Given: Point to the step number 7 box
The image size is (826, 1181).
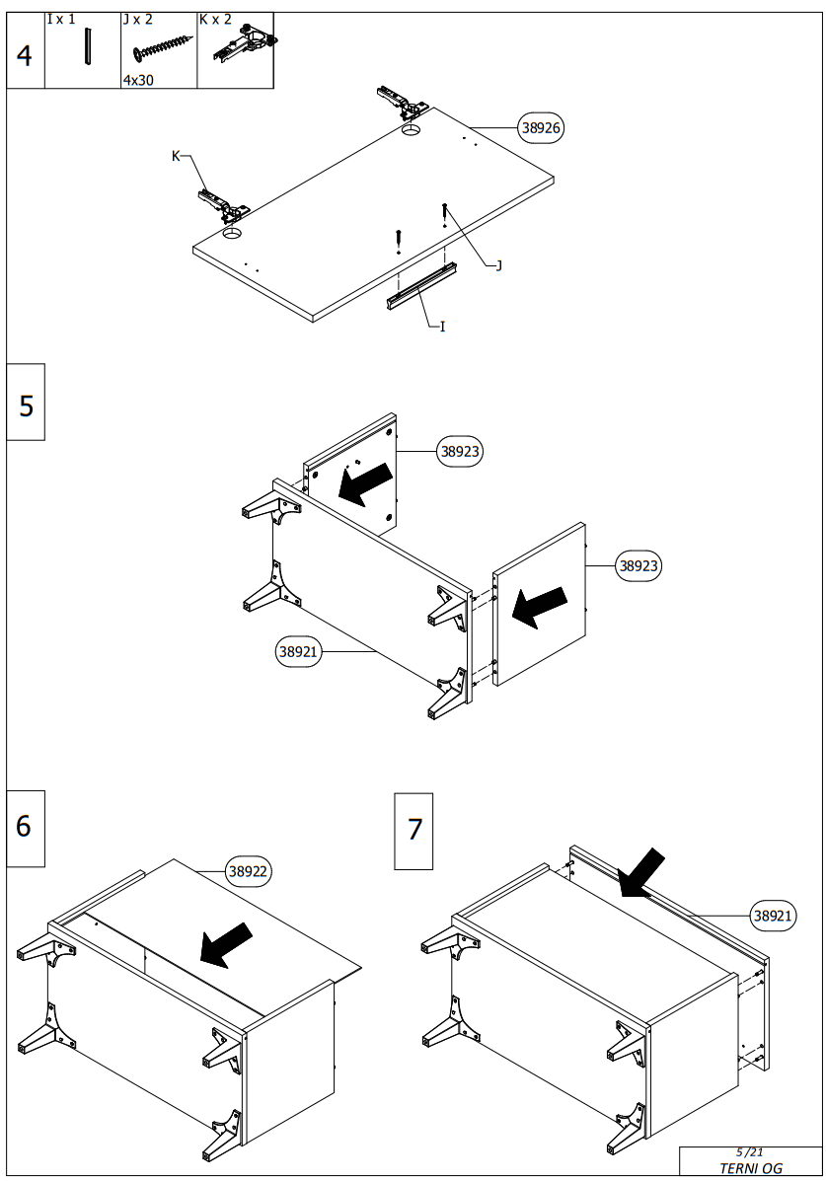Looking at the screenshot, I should coord(413,831).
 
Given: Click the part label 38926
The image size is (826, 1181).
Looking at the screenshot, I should coord(542,127).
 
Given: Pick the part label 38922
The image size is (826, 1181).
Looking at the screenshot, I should coord(250,871).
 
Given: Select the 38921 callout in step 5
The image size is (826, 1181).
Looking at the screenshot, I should coord(298,651).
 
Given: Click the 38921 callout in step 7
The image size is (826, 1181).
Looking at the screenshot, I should coord(773,916).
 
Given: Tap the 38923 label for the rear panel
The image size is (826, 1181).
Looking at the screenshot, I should coord(461,452).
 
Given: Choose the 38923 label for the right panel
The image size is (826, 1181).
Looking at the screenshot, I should coord(638,566).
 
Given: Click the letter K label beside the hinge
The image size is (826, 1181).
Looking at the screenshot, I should coord(177,156).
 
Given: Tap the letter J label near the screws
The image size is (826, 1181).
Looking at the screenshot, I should coord(498,264).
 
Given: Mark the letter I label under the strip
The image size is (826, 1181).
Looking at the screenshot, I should coord(442,326).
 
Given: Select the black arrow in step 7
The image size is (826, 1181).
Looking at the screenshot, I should coord(641,872).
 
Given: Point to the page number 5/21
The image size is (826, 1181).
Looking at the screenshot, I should coord(750,1152).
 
